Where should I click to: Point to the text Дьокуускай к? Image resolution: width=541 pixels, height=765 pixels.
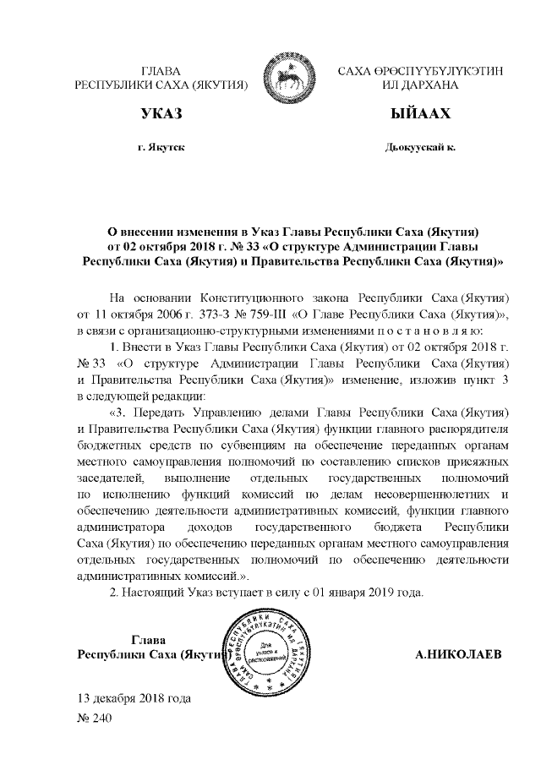tap(420, 147)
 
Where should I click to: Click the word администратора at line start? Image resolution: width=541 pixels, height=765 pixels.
tap(119, 527)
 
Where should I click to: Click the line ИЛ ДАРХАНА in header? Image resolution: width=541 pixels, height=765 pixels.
tap(420, 86)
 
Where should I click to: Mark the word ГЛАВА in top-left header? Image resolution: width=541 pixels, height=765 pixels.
tap(161, 71)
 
